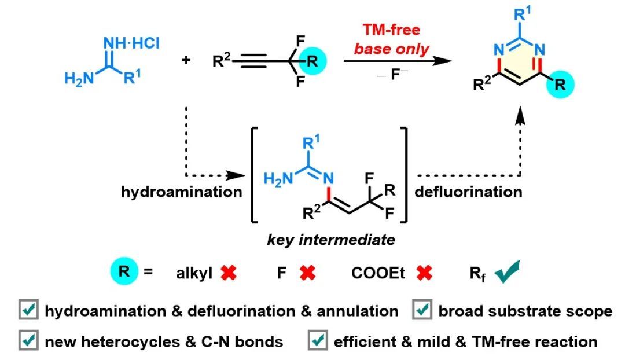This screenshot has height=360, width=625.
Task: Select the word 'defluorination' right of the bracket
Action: (x=468, y=192)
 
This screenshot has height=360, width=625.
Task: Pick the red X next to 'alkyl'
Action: (x=229, y=273)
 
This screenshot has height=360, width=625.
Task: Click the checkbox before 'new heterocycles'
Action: (x=27, y=341)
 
